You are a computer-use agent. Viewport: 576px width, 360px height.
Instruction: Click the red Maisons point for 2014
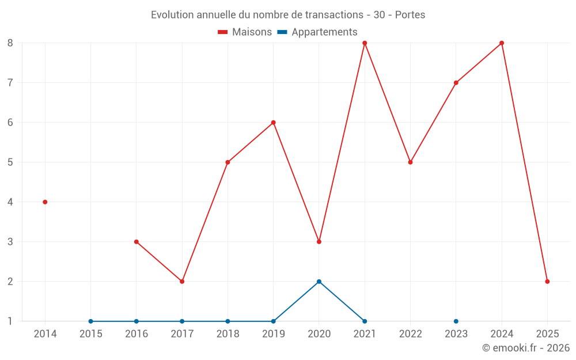pyautogui.click(x=45, y=202)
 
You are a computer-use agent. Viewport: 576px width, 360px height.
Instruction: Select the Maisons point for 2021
pyautogui.click(x=365, y=43)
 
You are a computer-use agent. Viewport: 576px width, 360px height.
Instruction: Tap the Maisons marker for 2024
pyautogui.click(x=502, y=43)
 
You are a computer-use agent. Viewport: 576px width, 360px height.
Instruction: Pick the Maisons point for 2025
pyautogui.click(x=547, y=282)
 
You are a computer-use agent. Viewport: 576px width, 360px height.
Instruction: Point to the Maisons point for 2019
pyautogui.click(x=274, y=123)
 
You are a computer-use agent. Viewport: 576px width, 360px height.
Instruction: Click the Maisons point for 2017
pyautogui.click(x=182, y=282)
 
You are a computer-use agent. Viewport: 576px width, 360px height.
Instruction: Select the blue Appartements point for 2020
pyautogui.click(x=319, y=282)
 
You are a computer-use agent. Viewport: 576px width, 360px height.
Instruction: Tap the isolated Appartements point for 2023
pyautogui.click(x=456, y=321)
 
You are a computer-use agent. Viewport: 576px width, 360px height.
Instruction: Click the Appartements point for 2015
pyautogui.click(x=90, y=321)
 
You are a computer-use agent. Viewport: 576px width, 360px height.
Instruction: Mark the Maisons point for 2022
pyautogui.click(x=410, y=162)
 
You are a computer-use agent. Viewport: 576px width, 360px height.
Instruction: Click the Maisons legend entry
pyautogui.click(x=245, y=32)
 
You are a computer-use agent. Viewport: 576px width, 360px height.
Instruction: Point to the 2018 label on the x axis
pyautogui.click(x=228, y=334)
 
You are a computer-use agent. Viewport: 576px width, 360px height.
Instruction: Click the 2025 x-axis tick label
pyautogui.click(x=547, y=334)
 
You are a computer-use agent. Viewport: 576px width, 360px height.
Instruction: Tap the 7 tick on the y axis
pyautogui.click(x=10, y=82)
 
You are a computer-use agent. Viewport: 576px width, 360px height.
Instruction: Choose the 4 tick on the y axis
pyautogui.click(x=10, y=202)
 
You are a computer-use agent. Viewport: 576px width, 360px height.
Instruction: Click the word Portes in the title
pyautogui.click(x=410, y=15)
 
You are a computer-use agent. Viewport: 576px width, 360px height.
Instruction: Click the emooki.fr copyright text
pyautogui.click(x=526, y=348)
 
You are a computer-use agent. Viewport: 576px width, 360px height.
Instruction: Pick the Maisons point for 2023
pyautogui.click(x=456, y=83)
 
